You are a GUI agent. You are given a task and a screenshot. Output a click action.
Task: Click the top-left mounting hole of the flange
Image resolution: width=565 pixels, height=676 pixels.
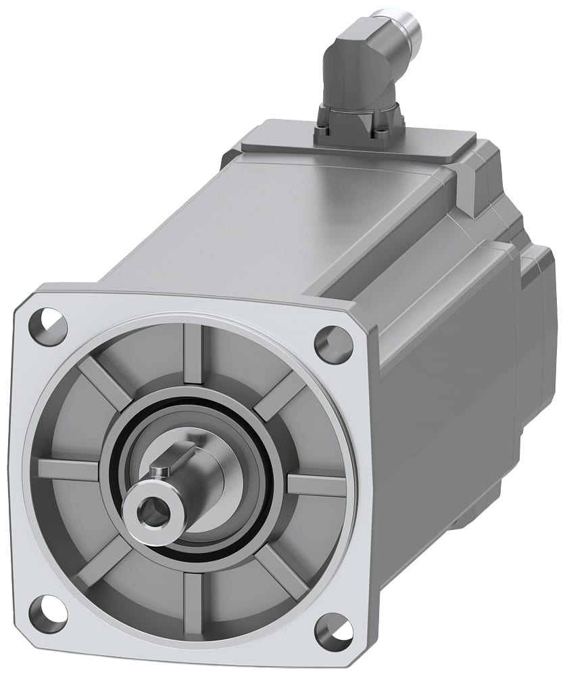coord(48,326)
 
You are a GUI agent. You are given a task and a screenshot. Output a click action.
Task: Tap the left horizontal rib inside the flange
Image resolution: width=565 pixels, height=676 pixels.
coord(68,469)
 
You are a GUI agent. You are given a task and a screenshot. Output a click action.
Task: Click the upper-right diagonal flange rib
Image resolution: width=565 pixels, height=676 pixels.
coord(278,395)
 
